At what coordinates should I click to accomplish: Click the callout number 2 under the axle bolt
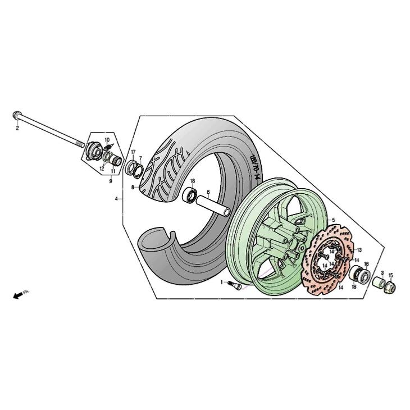click(x=17, y=128)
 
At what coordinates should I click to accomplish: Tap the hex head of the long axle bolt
click(x=16, y=115)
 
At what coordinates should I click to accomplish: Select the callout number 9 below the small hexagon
click(x=111, y=181)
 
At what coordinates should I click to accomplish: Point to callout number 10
click(x=107, y=140)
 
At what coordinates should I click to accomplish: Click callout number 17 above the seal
click(x=133, y=152)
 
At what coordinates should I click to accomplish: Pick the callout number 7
click(x=140, y=158)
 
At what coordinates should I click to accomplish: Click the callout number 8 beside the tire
click(x=133, y=187)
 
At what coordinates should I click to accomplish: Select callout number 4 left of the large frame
click(x=116, y=199)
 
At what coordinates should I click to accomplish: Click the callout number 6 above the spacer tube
click(x=208, y=192)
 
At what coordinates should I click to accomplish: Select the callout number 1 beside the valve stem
click(x=222, y=282)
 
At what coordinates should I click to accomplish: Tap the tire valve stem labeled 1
click(x=235, y=285)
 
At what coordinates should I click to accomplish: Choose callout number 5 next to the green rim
click(x=334, y=220)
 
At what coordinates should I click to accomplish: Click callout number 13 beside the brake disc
click(x=359, y=250)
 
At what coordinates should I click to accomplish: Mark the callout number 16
click(x=366, y=264)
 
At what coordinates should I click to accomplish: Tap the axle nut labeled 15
click(x=390, y=288)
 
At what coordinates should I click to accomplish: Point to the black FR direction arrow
click(x=18, y=296)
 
